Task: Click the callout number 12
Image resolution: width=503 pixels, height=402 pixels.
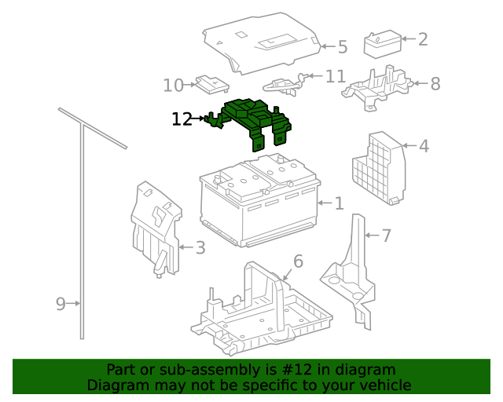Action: coord(182,119)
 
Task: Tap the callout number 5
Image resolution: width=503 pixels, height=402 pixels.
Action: coord(343,47)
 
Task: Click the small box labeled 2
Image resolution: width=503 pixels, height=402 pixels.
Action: coord(383,44)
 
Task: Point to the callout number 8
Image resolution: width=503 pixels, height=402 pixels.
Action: coord(435,84)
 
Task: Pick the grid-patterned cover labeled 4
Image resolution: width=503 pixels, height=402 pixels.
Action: coord(379,168)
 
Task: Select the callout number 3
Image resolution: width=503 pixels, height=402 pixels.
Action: coord(200,248)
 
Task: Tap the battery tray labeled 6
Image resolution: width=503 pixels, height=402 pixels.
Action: coord(262,309)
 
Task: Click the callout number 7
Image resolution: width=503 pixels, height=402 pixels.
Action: coord(386,236)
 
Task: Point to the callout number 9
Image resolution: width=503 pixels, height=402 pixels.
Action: coord(61,304)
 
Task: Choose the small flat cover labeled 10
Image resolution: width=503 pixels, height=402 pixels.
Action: coord(212,84)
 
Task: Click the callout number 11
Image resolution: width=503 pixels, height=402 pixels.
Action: coord(336,77)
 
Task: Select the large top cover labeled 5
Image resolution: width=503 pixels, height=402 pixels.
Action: coord(262,43)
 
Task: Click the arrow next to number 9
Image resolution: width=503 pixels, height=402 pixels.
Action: coord(73,303)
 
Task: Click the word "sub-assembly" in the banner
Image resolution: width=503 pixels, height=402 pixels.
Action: coord(214,370)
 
